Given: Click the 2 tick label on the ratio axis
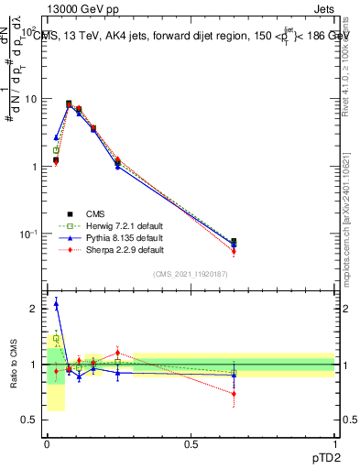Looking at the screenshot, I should (x=34, y=309).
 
